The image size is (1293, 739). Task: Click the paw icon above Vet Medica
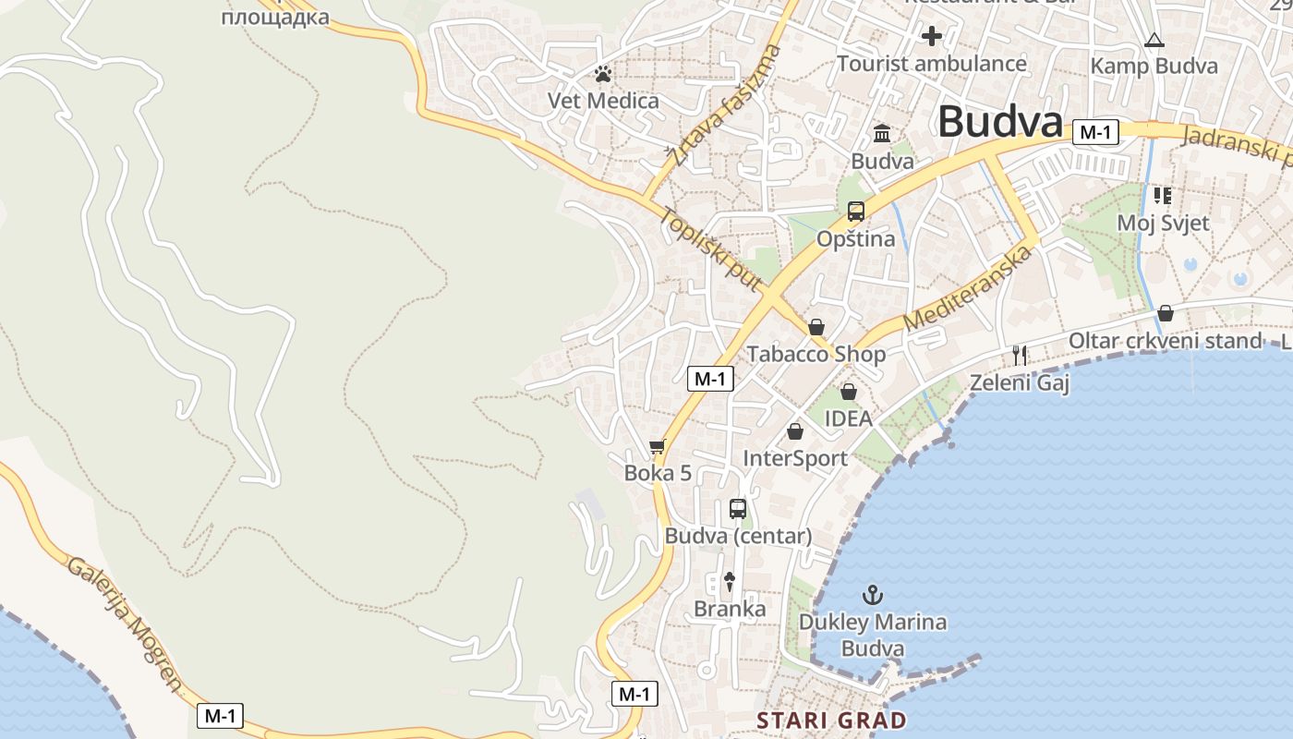tap(603, 73)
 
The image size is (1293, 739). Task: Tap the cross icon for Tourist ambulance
tap(932, 36)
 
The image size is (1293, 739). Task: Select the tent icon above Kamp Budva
tap(1154, 41)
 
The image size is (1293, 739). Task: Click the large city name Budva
tap(1000, 122)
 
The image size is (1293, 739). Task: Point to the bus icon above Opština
tap(856, 212)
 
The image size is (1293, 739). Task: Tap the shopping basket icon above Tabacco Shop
tap(816, 327)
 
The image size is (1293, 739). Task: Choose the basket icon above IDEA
tap(848, 392)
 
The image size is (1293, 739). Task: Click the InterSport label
tap(795, 458)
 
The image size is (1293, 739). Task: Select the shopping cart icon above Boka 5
tap(658, 447)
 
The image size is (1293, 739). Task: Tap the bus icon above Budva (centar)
tap(738, 508)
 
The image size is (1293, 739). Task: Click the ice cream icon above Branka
tap(730, 581)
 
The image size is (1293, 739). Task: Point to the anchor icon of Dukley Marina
tap(873, 594)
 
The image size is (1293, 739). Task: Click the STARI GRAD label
tap(831, 720)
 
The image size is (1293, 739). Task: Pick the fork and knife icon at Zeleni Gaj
tap(1020, 355)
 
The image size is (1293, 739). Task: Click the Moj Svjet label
tap(1163, 223)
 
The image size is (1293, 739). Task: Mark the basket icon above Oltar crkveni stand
tap(1166, 313)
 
